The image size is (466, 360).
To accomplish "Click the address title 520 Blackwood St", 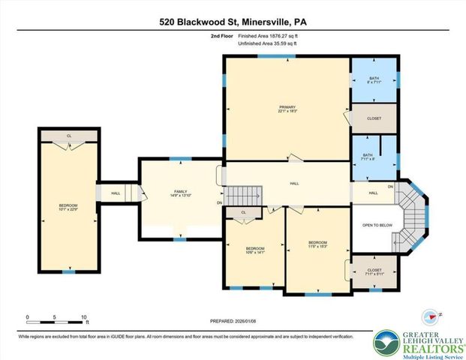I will tap(233, 22).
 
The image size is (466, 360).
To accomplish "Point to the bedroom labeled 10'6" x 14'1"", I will tap(255, 250).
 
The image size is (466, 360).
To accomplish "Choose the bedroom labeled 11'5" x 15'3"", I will tap(317, 244).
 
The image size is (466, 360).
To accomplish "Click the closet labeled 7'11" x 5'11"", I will tap(374, 272).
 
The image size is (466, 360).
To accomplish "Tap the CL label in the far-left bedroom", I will tap(68, 136).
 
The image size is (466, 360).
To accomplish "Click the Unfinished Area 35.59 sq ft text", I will tap(268, 43).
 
